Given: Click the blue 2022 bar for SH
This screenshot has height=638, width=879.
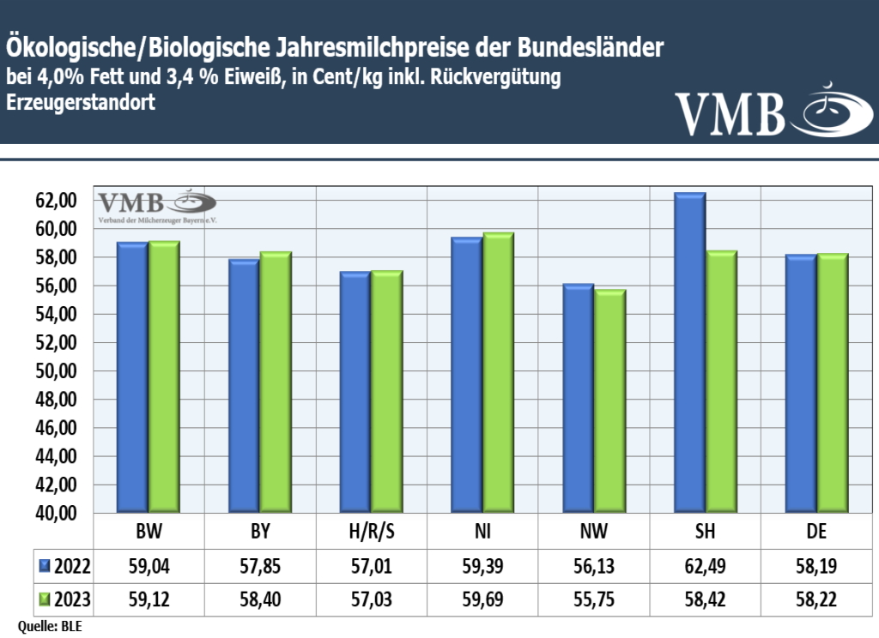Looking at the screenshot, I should click(x=689, y=353).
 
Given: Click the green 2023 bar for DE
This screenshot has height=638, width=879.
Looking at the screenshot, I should click(x=832, y=383).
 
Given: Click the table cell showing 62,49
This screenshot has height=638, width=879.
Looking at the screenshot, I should click(x=705, y=566).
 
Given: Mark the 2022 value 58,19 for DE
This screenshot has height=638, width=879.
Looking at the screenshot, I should click(x=816, y=566).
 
